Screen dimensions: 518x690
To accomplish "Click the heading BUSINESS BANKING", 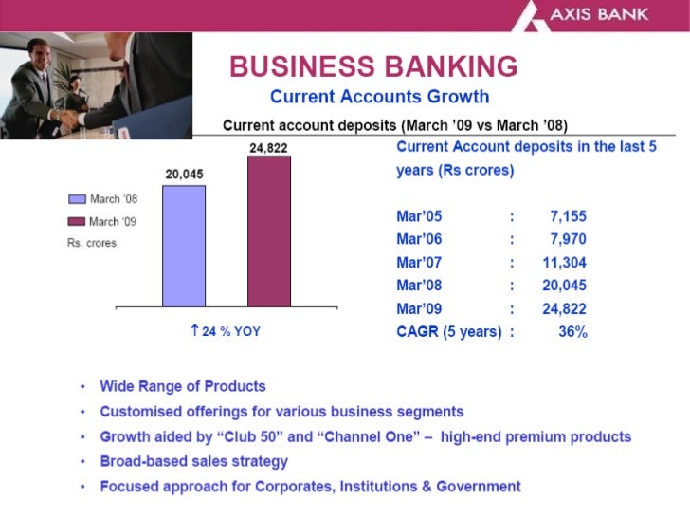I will (x=373, y=67).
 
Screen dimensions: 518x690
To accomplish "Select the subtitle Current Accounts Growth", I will (x=379, y=97).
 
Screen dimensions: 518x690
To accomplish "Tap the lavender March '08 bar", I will (x=184, y=246).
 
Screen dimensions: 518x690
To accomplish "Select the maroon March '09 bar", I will (x=269, y=231).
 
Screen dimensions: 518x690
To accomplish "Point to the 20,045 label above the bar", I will (x=184, y=175).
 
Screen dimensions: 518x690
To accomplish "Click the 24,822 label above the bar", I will (x=268, y=148).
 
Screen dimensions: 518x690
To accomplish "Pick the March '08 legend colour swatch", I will (x=77, y=200).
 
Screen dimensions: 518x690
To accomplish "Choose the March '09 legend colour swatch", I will (x=77, y=222).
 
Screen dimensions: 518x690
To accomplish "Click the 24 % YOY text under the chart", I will (x=226, y=332).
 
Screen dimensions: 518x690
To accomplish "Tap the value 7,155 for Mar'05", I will (x=568, y=217).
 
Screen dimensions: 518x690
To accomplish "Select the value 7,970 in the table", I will (x=568, y=240).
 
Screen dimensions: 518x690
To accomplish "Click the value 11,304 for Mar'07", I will (x=564, y=263).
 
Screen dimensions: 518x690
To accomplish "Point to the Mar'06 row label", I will (x=419, y=240).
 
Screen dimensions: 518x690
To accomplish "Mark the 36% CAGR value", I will (x=572, y=332).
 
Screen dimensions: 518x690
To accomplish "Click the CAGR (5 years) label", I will (x=448, y=332).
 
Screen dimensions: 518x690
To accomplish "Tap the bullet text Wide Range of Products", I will (x=183, y=387).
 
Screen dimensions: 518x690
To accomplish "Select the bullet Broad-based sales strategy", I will (x=194, y=462).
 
